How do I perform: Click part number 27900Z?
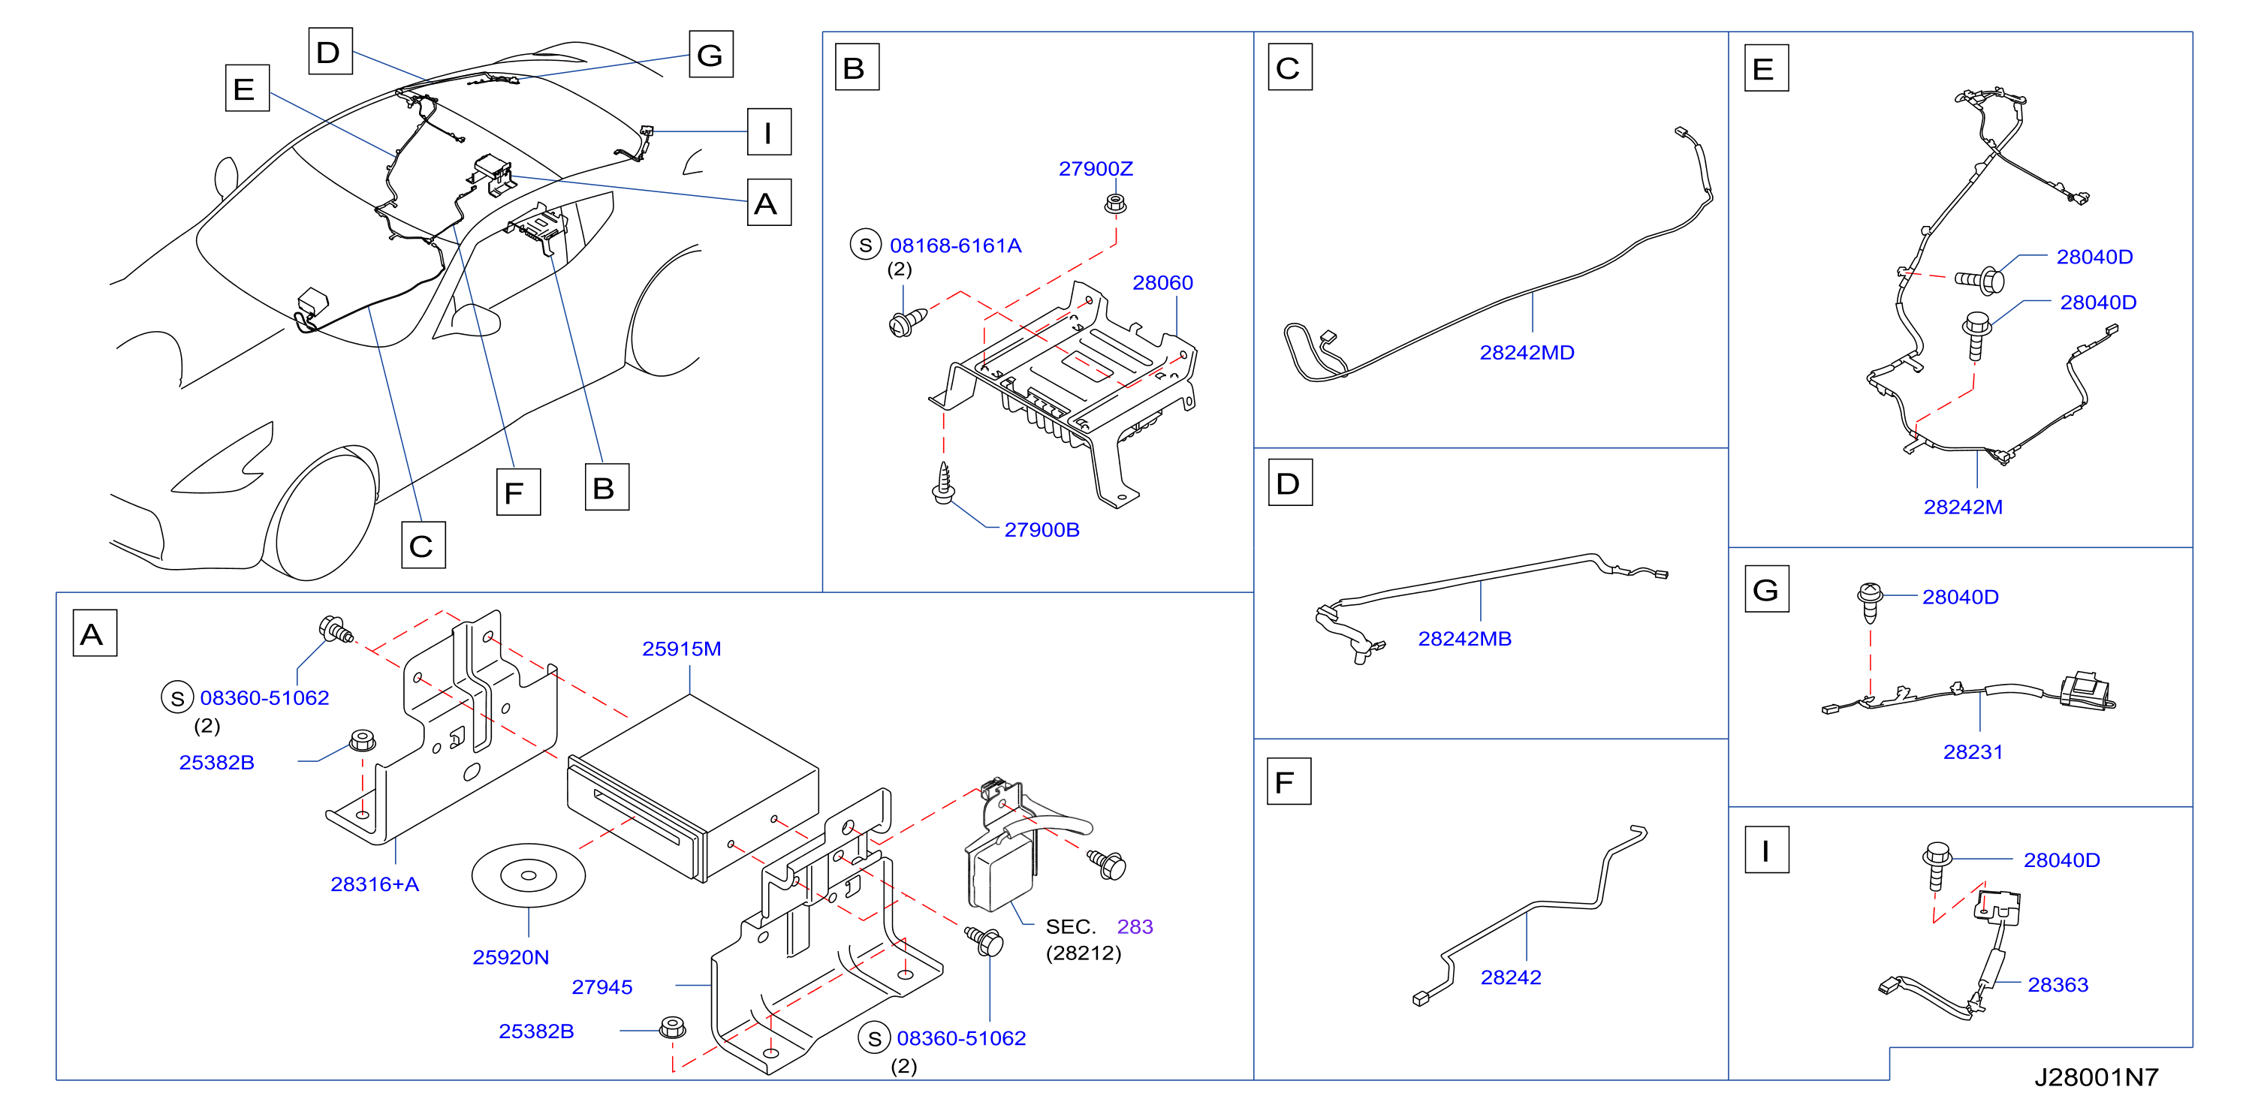pyautogui.click(x=1095, y=168)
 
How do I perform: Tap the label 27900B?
pyautogui.click(x=1042, y=530)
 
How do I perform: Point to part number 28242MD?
pyautogui.click(x=1526, y=353)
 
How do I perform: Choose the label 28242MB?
pyautogui.click(x=1464, y=639)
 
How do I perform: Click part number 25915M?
pyautogui.click(x=681, y=649)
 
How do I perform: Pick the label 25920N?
pyautogui.click(x=511, y=958)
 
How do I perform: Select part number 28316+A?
pyautogui.click(x=375, y=884)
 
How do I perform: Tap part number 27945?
pyautogui.click(x=601, y=987)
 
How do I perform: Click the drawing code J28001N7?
pyautogui.click(x=2097, y=1077)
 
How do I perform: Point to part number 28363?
pyautogui.click(x=2057, y=985)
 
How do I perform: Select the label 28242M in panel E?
pyautogui.click(x=1963, y=507)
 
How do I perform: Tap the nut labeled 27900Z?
pyautogui.click(x=1115, y=204)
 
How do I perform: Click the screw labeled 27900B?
pyautogui.click(x=943, y=483)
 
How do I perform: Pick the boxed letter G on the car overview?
pyautogui.click(x=710, y=55)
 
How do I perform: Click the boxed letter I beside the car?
pyautogui.click(x=768, y=132)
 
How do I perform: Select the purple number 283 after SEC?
pyautogui.click(x=1134, y=927)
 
